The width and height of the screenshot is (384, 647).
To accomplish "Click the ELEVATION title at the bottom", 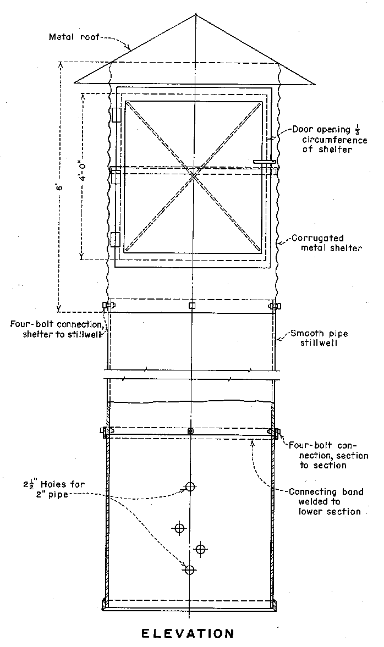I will point(188,634).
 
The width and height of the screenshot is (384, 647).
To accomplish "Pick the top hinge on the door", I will point(116,114).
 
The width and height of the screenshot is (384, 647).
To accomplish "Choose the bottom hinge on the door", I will point(116,240).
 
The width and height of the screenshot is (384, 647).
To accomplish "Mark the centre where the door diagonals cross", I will point(193,175).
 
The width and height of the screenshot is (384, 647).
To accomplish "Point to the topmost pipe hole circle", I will point(190,486).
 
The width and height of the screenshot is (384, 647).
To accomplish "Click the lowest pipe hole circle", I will point(189,569).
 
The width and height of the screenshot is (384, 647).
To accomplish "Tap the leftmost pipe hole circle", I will point(179,528).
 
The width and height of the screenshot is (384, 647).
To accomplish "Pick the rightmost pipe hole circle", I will point(201,549).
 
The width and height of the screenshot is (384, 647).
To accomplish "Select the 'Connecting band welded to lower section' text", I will point(326,501).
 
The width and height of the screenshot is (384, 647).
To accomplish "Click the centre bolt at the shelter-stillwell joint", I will point(191,305).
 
